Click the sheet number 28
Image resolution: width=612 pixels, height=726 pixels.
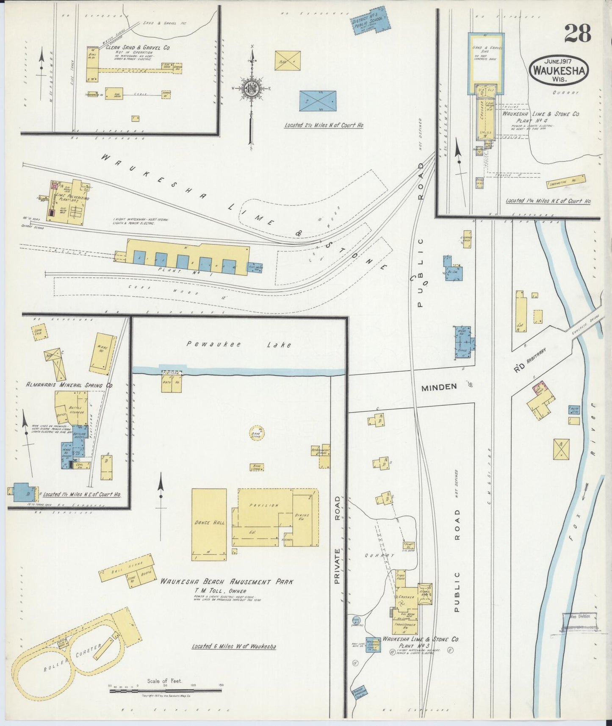[577, 33]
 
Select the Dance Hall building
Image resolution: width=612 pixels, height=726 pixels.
[209, 524]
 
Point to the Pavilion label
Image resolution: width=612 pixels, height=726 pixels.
[264, 505]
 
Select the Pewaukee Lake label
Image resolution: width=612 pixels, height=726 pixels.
[239, 344]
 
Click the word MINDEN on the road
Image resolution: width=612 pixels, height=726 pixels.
[439, 386]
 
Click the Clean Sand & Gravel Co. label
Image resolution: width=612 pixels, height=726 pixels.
[138, 48]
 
